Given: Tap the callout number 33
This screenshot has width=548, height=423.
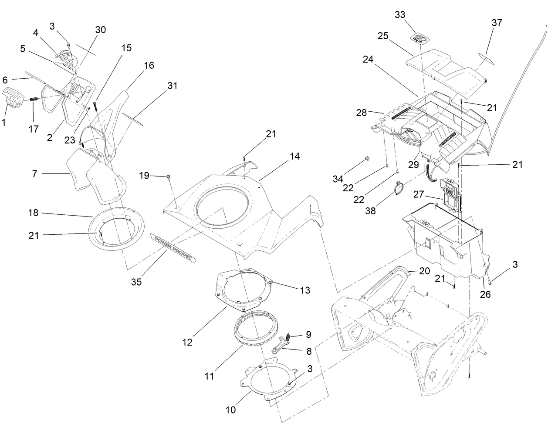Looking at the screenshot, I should point(400,15).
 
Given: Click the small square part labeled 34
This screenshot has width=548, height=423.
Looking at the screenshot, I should point(367,158).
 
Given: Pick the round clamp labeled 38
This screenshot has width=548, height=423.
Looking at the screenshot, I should point(399,190).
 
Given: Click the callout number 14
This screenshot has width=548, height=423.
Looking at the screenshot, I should point(295,157).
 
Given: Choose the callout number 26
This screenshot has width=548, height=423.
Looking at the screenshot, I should point(485,294).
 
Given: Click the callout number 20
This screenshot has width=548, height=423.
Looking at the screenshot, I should point(424,271).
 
